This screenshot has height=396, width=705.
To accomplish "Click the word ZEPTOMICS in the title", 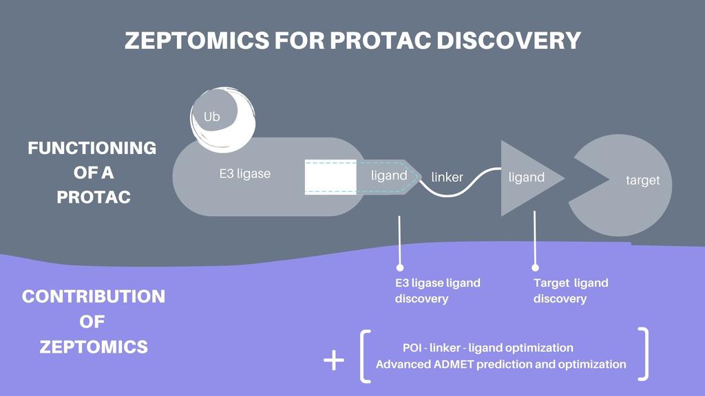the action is tap(196, 41).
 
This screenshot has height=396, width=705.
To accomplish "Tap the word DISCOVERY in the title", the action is tap(509, 41).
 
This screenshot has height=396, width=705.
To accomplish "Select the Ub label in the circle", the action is tap(212, 117).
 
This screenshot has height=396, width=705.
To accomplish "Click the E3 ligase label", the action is tap(245, 174).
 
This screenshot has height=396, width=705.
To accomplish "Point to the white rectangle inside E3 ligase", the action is tap(330, 177).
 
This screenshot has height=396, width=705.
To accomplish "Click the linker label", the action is tap(447, 177).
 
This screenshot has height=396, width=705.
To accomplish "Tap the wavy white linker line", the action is tap(460, 183).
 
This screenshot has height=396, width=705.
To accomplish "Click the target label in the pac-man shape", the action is tap(642, 180).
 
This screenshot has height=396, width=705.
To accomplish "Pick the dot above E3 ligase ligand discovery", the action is tap(400, 267).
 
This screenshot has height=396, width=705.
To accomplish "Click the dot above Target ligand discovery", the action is tap(535, 267).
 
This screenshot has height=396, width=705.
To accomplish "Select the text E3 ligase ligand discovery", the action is tap(437, 291).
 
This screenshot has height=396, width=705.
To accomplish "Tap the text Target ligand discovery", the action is tap(571, 291).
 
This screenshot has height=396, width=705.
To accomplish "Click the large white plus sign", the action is tap(334, 360).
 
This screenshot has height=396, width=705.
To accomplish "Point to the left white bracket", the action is tap(365, 357).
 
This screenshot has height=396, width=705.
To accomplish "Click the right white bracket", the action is tap(644, 354).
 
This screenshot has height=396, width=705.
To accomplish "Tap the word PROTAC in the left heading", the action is tap(94, 197).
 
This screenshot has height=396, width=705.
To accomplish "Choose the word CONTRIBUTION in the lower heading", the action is tap(94, 296).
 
